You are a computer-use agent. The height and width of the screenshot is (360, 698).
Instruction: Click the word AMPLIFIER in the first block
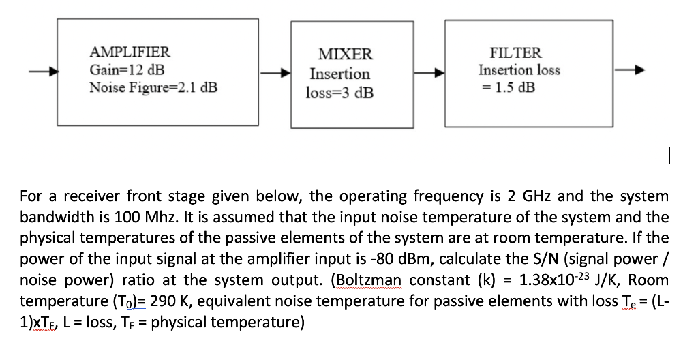(x=130, y=52)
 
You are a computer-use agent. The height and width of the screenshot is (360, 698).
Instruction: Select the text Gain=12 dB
(x=127, y=70)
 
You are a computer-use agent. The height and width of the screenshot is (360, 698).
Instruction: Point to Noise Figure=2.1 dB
(x=153, y=87)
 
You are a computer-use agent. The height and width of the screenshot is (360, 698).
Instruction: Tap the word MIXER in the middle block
(x=346, y=55)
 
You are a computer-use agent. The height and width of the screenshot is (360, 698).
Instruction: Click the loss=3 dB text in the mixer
(x=339, y=93)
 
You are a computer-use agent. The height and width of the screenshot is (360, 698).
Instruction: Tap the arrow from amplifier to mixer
(x=277, y=71)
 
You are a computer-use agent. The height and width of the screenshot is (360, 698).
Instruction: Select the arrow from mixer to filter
(x=430, y=71)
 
